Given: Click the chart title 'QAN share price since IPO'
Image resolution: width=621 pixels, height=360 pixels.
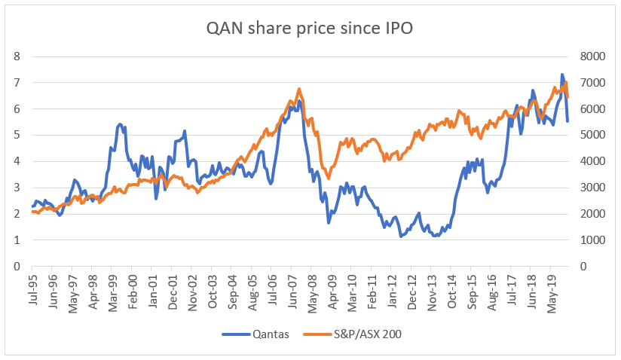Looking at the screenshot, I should pyautogui.click(x=310, y=29).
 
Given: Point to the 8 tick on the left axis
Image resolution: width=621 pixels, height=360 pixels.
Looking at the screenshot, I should pyautogui.click(x=16, y=56).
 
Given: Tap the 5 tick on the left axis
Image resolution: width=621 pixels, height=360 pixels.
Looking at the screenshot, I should pyautogui.click(x=16, y=136).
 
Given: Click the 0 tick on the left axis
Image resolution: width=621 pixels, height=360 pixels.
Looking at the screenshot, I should pyautogui.click(x=16, y=267).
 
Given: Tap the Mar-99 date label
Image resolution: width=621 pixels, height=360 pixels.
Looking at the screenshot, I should pyautogui.click(x=112, y=287).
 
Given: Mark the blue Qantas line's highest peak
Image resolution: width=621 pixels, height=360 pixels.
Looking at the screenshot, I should pyautogui.click(x=562, y=75).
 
